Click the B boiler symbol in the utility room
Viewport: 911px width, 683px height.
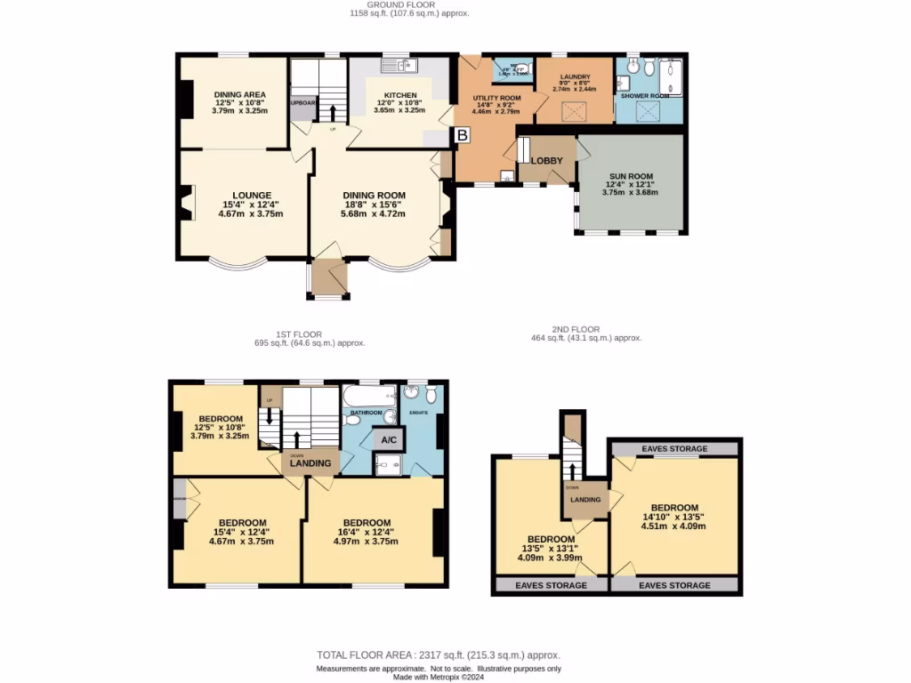(463, 136)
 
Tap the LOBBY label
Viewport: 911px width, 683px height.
(546, 160)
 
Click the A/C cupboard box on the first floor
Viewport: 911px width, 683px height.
(389, 440)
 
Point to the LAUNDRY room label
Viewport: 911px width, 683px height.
(575, 76)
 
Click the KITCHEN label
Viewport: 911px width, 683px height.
(399, 95)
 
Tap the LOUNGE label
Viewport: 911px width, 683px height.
(252, 195)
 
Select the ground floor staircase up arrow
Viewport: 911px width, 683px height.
(333, 113)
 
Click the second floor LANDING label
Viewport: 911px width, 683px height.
(586, 500)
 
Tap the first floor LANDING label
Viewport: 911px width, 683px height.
(310, 463)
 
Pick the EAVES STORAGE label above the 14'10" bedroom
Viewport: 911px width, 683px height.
(674, 449)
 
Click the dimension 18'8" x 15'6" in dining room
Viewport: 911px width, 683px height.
(375, 205)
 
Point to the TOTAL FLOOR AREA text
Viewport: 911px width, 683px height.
(439, 655)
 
